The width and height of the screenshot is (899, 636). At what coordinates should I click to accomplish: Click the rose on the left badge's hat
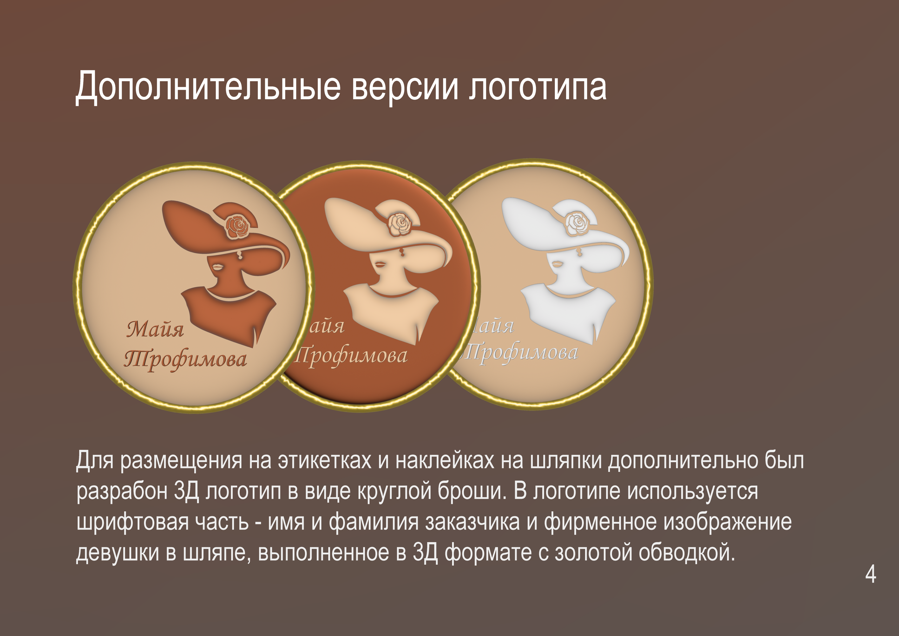click(x=237, y=227)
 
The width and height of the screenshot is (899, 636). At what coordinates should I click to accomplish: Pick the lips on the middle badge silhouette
click(x=380, y=264)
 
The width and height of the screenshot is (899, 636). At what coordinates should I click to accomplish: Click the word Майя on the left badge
click(x=155, y=329)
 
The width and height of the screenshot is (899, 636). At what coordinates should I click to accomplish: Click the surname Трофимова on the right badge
click(x=521, y=353)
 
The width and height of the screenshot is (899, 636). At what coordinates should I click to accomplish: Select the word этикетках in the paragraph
click(x=324, y=460)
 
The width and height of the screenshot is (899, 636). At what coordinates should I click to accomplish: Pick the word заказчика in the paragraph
click(x=473, y=522)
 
